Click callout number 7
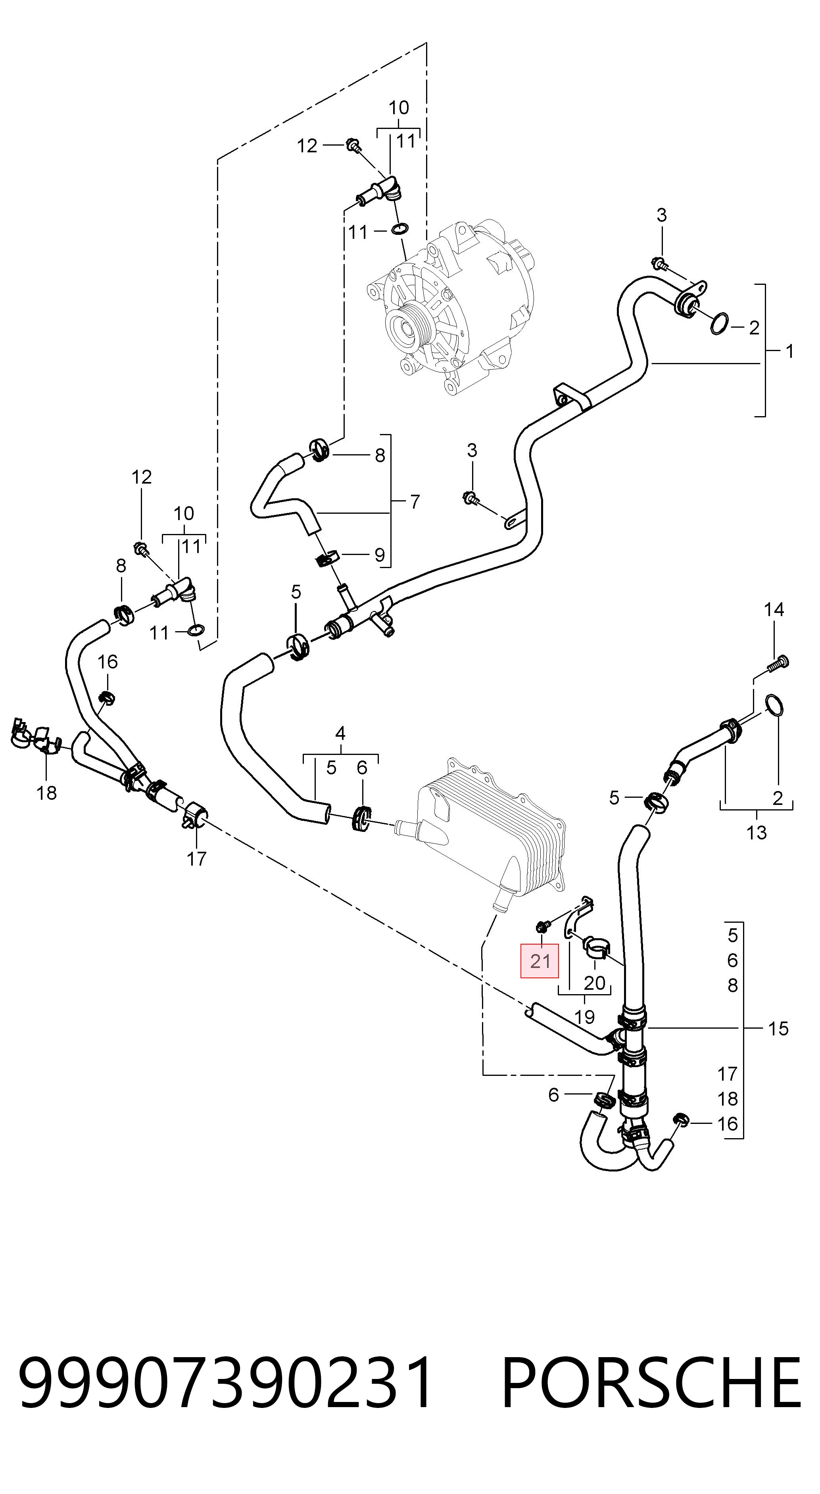coord(415,502)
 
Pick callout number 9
coord(379,555)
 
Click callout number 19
coord(585,1017)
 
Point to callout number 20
coord(594,983)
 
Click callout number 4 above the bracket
coord(340,733)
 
